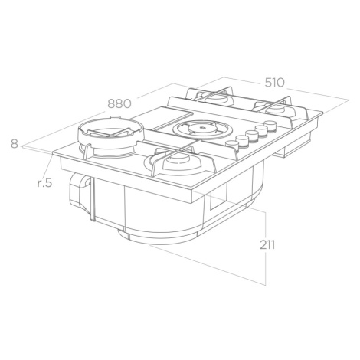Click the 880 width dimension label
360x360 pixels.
coord(119,103)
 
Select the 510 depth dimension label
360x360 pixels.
coord(274,83)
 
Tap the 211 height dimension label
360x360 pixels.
coord(267,245)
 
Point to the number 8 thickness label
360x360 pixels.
coord(15,143)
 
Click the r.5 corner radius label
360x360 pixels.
coord(44,183)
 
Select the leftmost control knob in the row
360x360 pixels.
coord(232,145)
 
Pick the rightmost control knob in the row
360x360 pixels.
coord(270,125)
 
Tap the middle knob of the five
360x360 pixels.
coord(252,135)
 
